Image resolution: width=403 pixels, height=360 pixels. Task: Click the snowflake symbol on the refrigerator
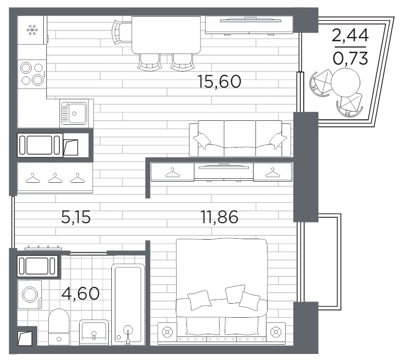click(32, 30)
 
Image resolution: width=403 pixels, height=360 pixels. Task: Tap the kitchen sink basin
click(74, 113)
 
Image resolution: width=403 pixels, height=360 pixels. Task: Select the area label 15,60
click(219, 81)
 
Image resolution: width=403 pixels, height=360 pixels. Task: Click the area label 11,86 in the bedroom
click(219, 217)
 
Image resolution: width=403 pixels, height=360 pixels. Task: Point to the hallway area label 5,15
click(76, 217)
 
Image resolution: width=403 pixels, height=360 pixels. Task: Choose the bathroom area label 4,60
click(81, 293)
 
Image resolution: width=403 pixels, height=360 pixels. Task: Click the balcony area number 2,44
click(350, 35)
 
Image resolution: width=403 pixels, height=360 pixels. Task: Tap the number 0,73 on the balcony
click(351, 58)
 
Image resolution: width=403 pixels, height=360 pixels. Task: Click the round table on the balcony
click(346, 83)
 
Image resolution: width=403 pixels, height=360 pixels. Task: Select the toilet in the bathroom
click(59, 327)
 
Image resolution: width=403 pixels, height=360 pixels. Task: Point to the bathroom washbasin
click(94, 332)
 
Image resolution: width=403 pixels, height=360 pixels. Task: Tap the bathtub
click(128, 305)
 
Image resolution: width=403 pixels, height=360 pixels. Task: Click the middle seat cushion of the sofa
click(240, 138)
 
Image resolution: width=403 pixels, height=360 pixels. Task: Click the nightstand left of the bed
click(167, 332)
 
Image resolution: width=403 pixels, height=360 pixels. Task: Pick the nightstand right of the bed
click(276, 332)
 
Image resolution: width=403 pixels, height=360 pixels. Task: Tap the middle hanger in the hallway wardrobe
click(55, 178)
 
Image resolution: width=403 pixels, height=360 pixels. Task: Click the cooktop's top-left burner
click(26, 68)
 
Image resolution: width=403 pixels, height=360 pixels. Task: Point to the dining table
click(166, 35)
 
